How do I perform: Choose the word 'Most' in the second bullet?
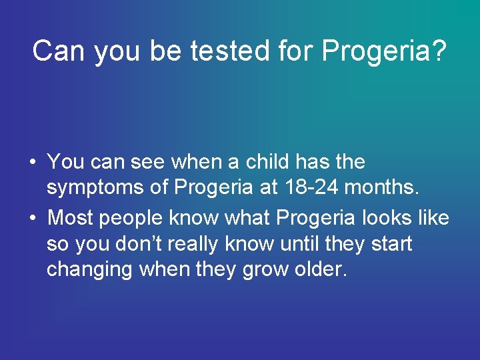(73, 217)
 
